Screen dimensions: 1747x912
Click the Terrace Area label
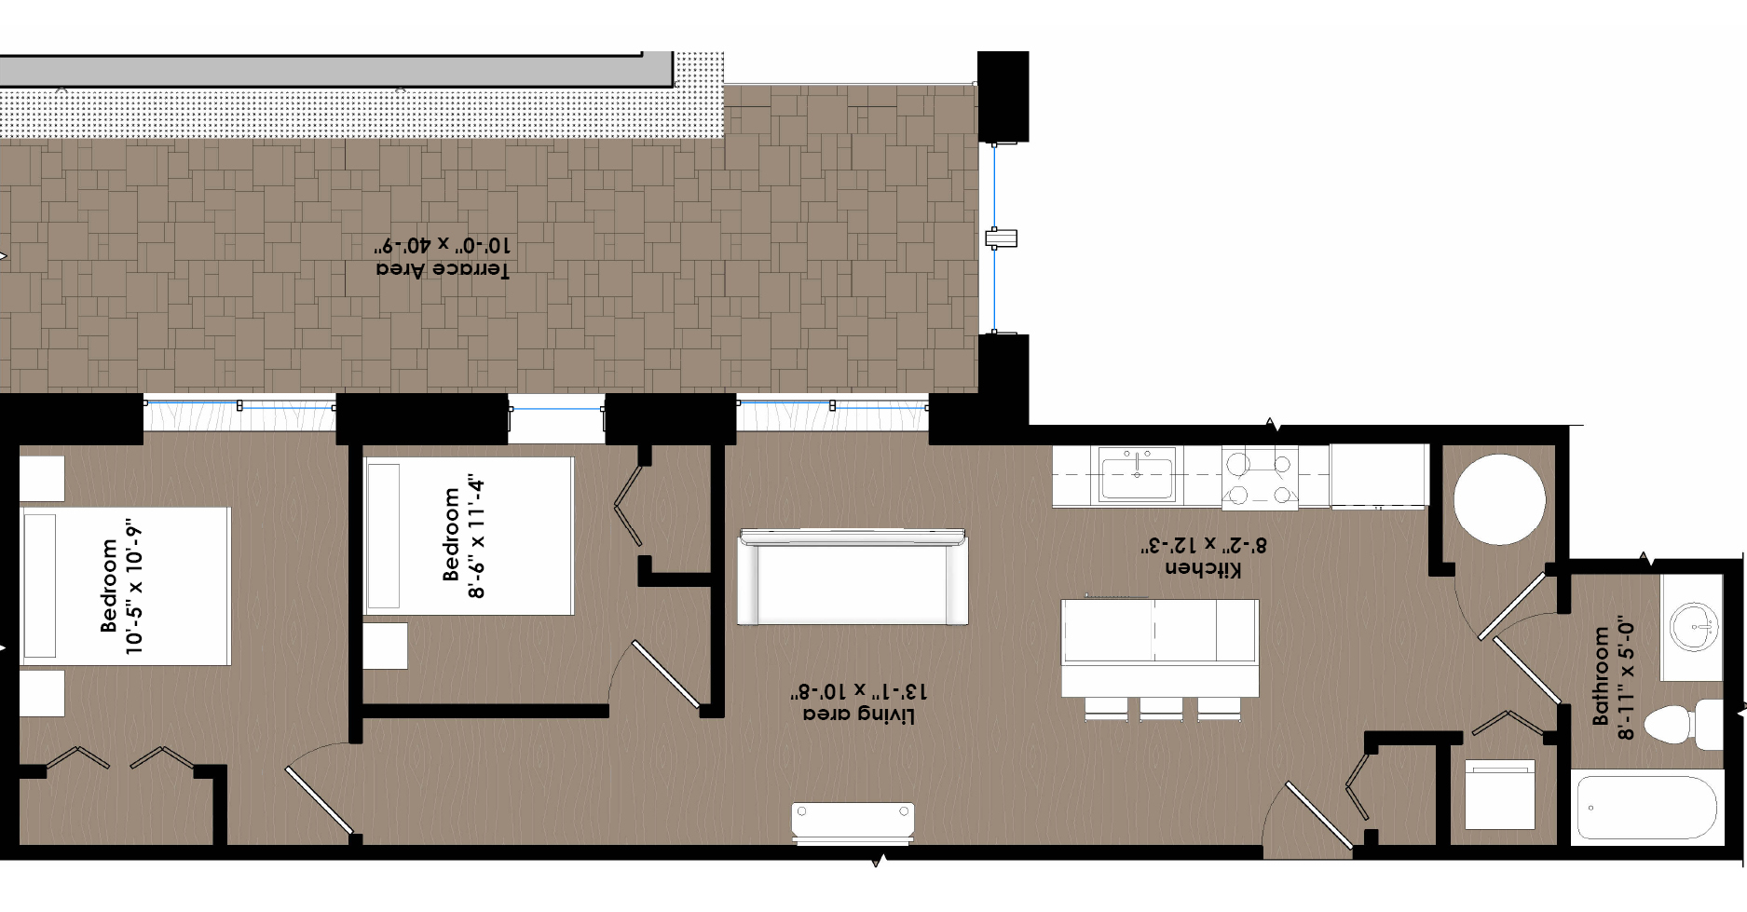[x=443, y=269]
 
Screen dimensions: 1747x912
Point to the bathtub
[x=1646, y=807]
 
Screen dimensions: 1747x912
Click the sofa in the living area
[x=853, y=577]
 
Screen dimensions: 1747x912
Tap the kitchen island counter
[x=1160, y=647]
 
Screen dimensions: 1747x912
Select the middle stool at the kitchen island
[x=1161, y=709]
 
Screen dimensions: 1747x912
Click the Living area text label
[x=859, y=715]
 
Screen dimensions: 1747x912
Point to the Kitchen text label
[x=1203, y=567]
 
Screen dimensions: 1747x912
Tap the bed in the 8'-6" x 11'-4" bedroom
[x=468, y=536]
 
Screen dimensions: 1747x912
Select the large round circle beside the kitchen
[x=1500, y=500]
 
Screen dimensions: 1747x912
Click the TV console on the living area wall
[x=853, y=824]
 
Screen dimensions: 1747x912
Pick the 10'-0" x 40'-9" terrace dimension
[x=443, y=246]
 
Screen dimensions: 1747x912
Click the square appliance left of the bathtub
[x=1499, y=795]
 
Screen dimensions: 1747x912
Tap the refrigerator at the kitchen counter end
[x=1379, y=476]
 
